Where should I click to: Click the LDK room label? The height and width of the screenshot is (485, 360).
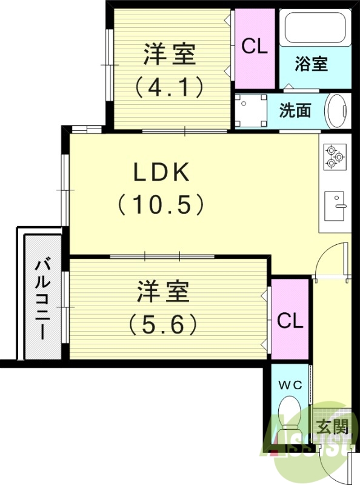click(x=162, y=173)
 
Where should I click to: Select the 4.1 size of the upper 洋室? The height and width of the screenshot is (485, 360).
click(x=169, y=89)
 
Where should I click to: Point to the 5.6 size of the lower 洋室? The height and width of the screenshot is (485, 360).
click(x=163, y=326)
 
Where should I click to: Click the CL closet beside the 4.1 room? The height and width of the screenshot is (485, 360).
click(x=255, y=47)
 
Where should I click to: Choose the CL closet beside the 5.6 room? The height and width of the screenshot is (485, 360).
click(x=290, y=321)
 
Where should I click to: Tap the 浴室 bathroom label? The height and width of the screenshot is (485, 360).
click(x=312, y=64)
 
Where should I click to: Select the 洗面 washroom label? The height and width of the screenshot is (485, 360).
click(x=295, y=110)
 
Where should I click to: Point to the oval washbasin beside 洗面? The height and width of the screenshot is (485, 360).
click(x=337, y=111)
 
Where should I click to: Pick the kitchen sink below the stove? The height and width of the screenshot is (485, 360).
click(x=335, y=206)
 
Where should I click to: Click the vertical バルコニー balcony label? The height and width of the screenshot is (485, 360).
click(x=42, y=297)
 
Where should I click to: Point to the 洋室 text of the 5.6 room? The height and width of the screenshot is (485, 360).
click(x=163, y=292)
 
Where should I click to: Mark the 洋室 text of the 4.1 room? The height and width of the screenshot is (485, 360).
click(x=170, y=55)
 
